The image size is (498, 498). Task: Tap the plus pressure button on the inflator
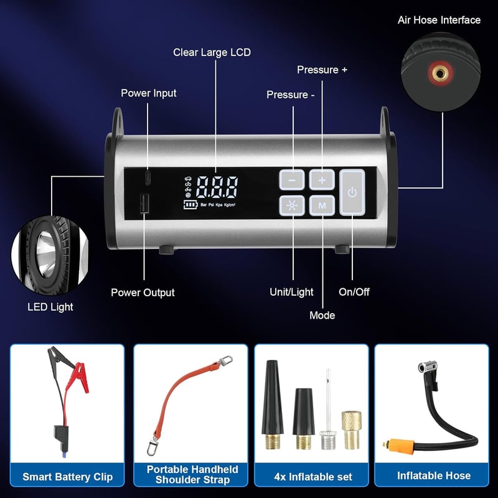(x=322, y=180)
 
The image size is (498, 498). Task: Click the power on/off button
(x=352, y=192)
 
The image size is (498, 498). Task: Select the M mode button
(x=322, y=205)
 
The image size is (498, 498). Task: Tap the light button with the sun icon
(x=292, y=205)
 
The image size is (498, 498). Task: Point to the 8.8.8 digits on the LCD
(x=217, y=187)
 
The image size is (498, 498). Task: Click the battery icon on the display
(x=190, y=205)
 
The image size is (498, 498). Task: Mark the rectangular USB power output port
(x=145, y=204)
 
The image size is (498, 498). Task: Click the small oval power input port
(x=148, y=178)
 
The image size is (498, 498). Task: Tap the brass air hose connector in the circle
(x=440, y=73)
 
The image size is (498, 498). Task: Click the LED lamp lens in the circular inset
(x=46, y=253)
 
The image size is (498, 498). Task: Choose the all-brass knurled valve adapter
(x=352, y=430)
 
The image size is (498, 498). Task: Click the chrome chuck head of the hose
(x=427, y=367)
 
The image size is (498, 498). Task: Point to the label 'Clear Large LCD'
(x=212, y=52)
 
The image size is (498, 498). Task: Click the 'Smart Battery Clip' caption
(x=68, y=477)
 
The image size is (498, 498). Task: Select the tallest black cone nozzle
(x=272, y=404)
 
